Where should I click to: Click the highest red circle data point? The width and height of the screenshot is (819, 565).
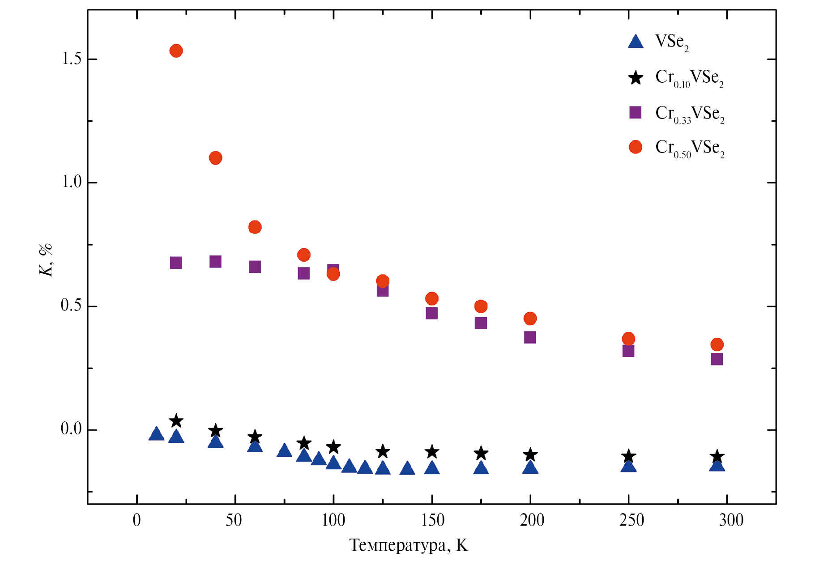point(176,51)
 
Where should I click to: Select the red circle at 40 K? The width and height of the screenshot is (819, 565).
point(215,158)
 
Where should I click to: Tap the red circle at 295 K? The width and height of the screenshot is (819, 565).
point(717,344)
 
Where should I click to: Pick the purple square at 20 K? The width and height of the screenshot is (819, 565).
point(176,263)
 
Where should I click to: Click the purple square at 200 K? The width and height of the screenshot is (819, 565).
point(530,337)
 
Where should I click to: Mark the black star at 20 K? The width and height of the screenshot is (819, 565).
point(176,421)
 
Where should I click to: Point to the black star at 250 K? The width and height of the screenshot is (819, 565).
point(628,456)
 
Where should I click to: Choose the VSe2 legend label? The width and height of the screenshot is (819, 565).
point(672,42)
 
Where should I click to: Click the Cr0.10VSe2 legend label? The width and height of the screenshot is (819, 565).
point(689,78)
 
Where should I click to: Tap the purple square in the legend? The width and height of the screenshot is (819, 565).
point(635,112)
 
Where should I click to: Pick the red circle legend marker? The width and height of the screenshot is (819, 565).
point(635,147)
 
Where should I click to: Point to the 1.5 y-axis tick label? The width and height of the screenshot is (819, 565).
point(72,59)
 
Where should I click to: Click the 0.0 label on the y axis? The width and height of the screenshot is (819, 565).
point(72,429)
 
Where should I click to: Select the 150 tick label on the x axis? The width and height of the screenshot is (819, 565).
point(432,520)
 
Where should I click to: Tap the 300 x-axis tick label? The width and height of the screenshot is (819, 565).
point(731,520)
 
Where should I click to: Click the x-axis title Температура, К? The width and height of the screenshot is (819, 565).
point(408,545)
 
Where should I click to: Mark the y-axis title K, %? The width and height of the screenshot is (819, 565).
point(46,260)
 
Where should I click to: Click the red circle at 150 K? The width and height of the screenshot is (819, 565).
point(431,299)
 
